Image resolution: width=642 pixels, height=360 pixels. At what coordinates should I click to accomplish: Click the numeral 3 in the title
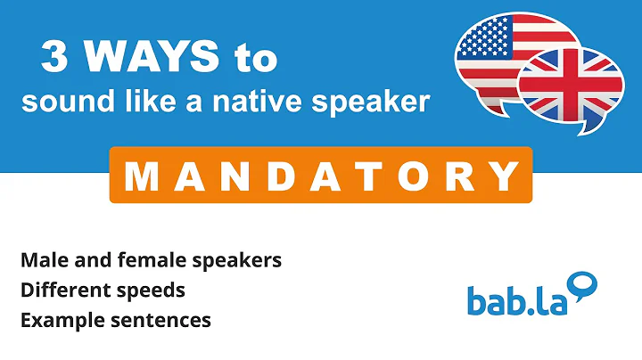point(56,59)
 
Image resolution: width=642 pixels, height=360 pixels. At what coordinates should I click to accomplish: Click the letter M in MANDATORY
point(142,176)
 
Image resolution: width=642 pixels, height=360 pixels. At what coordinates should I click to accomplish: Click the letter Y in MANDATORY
point(505,176)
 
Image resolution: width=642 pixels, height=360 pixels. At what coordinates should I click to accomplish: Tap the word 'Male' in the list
point(39,260)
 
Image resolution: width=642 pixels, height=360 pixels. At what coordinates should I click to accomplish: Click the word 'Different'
point(59,290)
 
